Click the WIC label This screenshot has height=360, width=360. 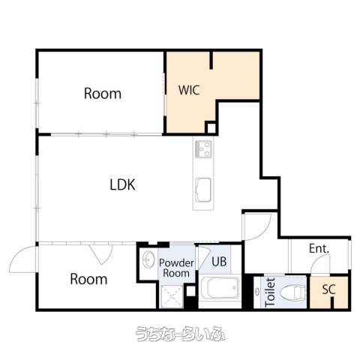189,90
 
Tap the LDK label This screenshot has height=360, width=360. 122,184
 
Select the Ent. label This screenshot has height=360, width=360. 319,248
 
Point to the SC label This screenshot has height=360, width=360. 328,289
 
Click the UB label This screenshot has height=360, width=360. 219,262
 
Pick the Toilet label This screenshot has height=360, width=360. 271,292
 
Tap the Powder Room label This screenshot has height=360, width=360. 176,268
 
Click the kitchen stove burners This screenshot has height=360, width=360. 203,149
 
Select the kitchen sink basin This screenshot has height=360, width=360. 203,190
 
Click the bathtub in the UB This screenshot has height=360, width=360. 220,287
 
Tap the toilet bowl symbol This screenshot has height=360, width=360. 293,292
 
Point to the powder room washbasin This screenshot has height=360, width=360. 148,259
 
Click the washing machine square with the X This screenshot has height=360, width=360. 172,296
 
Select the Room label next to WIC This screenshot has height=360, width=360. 103,94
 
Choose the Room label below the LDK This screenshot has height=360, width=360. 88,279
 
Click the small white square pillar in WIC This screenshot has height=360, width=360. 211,128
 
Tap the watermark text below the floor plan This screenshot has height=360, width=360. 181,334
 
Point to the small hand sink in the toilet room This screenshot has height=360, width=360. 257,292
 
